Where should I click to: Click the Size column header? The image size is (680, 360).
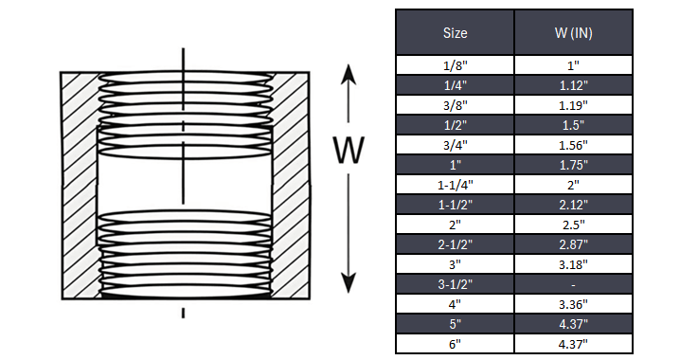(455, 32)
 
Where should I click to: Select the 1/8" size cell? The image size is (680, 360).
(455, 64)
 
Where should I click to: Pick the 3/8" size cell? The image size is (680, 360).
(455, 104)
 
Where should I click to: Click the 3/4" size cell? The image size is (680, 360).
(455, 144)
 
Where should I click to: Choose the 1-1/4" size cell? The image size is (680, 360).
(455, 184)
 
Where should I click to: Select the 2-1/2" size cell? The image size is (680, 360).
(455, 243)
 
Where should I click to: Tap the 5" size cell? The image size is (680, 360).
(455, 323)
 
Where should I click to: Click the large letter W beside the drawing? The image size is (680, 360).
(350, 150)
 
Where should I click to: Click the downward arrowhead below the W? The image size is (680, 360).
(350, 282)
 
